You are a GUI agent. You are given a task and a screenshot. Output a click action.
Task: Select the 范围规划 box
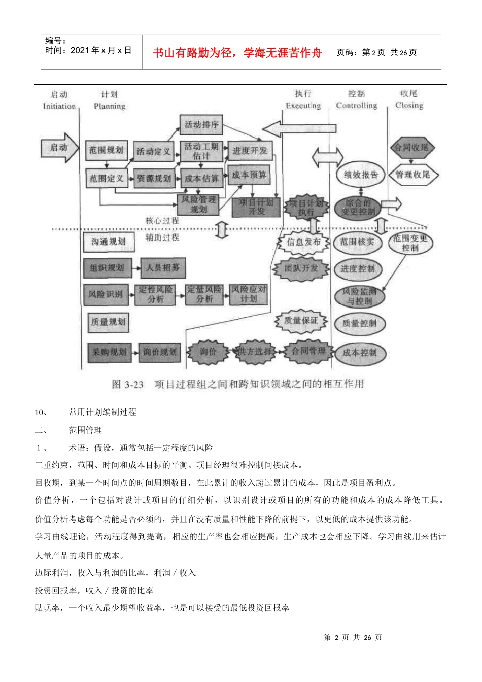pos(106,150)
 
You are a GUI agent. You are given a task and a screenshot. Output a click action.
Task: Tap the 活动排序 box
pos(201,125)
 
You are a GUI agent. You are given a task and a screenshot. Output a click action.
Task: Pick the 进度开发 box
pos(250,151)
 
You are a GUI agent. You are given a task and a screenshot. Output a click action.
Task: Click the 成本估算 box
pos(201,178)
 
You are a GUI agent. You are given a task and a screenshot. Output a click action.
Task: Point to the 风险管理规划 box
pos(199,204)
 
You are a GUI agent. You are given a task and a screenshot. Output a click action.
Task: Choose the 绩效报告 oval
pos(361,175)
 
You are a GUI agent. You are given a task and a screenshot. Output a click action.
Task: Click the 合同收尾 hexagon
pos(411,148)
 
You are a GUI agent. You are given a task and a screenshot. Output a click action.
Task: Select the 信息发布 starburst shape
pos(303,242)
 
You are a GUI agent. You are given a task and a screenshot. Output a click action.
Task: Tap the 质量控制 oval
pos(359,323)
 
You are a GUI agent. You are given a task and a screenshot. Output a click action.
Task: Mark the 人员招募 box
pos(162,267)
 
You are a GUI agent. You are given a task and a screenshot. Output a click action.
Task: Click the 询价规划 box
pos(159,352)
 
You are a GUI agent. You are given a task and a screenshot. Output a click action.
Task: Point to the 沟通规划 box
pos(109,242)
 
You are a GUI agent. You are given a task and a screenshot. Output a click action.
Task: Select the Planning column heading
pos(110,106)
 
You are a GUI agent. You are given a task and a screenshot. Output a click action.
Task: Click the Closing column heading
pos(409,105)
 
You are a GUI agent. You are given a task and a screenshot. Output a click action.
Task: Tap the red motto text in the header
pos(237,53)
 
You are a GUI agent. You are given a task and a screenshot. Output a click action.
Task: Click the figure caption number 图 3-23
pos(127,384)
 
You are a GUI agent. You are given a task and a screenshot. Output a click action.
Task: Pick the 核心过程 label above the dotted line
pos(162,221)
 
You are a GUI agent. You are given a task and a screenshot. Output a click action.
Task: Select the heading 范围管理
pos(85,430)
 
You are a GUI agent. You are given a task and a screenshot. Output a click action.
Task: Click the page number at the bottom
pos(353,637)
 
